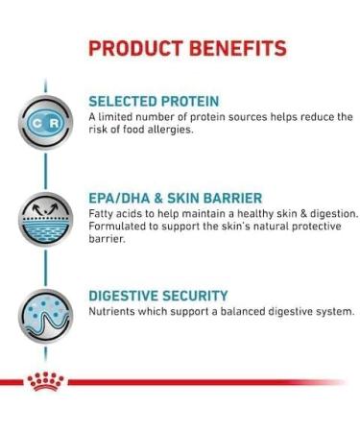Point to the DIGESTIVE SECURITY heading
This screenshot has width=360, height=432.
tap(157, 296)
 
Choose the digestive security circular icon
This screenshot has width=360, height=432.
tap(42, 318)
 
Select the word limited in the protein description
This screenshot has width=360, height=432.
tap(120, 117)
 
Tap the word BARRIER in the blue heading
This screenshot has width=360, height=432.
tap(233, 199)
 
